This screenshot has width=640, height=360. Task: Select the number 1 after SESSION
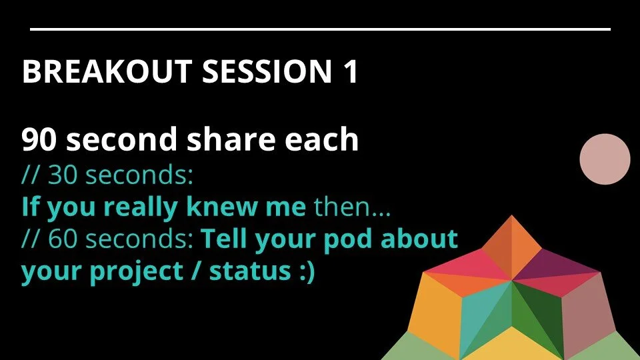click(x=349, y=72)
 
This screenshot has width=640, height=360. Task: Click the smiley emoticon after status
click(x=301, y=272)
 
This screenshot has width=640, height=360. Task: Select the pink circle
click(x=605, y=159)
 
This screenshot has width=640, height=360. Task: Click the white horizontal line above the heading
click(x=320, y=29)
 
